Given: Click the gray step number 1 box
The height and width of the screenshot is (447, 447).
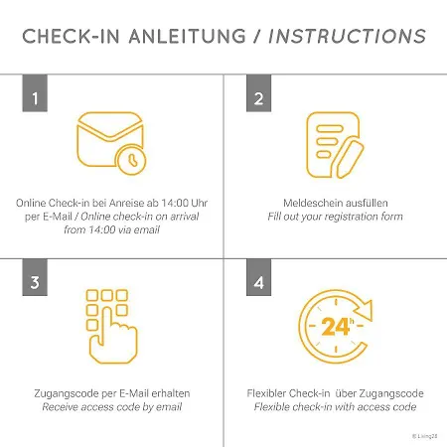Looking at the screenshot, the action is click(35, 93).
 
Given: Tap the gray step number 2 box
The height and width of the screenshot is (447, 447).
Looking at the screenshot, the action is click(258, 93).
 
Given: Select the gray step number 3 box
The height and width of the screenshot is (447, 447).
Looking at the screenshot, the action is click(35, 277).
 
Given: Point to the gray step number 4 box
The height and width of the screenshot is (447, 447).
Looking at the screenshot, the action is click(258, 277).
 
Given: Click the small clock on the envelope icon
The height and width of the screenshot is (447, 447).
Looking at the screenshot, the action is click(131, 160).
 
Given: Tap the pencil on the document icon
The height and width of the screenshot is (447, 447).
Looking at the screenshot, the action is click(350, 159).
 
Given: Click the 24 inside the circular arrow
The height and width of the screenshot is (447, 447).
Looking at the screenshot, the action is click(335, 327).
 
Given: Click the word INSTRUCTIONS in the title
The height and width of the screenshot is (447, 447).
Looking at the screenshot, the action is click(347, 36).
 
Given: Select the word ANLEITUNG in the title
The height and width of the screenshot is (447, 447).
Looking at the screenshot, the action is click(188, 36).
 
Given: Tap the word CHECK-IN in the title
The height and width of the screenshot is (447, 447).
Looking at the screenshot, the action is click(71, 36).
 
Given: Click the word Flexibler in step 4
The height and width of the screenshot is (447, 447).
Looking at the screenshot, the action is click(266, 393).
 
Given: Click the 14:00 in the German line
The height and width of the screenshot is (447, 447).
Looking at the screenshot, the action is click(176, 203).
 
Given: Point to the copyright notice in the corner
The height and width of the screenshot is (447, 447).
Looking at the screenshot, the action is click(425, 436).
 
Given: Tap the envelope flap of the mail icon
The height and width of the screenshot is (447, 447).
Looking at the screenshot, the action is click(110, 125).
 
